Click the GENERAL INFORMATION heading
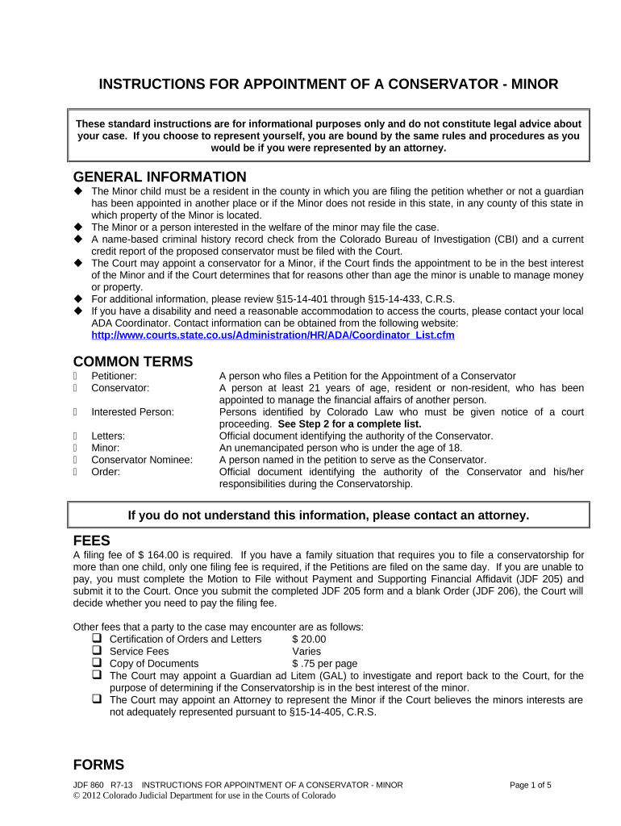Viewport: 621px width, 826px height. (x=160, y=177)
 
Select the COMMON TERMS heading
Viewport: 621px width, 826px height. (x=133, y=361)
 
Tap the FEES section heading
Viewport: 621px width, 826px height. (x=92, y=540)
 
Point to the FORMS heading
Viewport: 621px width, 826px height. (x=99, y=765)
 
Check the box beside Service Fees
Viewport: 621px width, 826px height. (x=96, y=650)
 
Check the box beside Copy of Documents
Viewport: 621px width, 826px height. (x=96, y=662)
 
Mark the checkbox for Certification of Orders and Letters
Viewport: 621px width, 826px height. (x=96, y=638)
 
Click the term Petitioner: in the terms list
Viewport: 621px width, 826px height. (x=114, y=376)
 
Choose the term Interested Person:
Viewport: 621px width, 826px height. (x=132, y=411)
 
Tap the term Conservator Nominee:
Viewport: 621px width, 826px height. (x=142, y=460)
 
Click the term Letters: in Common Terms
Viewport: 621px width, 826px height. (x=108, y=436)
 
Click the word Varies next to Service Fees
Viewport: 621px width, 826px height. (x=306, y=651)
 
